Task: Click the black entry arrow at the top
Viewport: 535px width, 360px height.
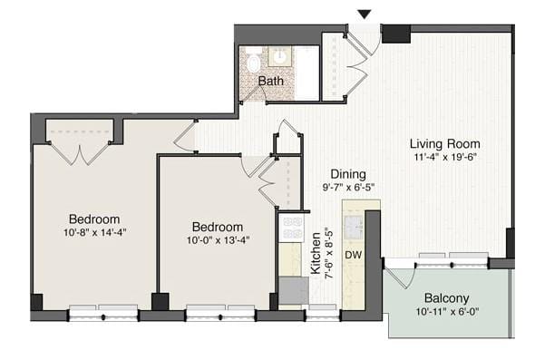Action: (365, 14)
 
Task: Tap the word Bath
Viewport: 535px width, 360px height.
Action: (270, 82)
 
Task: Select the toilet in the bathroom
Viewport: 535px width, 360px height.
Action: (253, 63)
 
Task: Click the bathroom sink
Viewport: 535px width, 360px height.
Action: (280, 57)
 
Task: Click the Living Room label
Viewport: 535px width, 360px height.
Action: (444, 143)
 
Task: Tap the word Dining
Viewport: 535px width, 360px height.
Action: (347, 174)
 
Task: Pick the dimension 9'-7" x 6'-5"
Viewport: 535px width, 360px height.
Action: (347, 189)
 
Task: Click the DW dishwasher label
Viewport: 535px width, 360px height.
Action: (354, 256)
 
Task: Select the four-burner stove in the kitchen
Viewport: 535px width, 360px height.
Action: (291, 228)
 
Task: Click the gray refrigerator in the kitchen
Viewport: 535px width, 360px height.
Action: (293, 290)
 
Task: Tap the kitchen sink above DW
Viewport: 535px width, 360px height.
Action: (353, 223)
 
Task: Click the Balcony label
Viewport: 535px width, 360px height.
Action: (446, 298)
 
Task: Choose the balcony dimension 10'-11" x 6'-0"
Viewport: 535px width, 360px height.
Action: (446, 314)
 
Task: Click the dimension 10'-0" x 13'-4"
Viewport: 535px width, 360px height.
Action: (217, 241)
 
